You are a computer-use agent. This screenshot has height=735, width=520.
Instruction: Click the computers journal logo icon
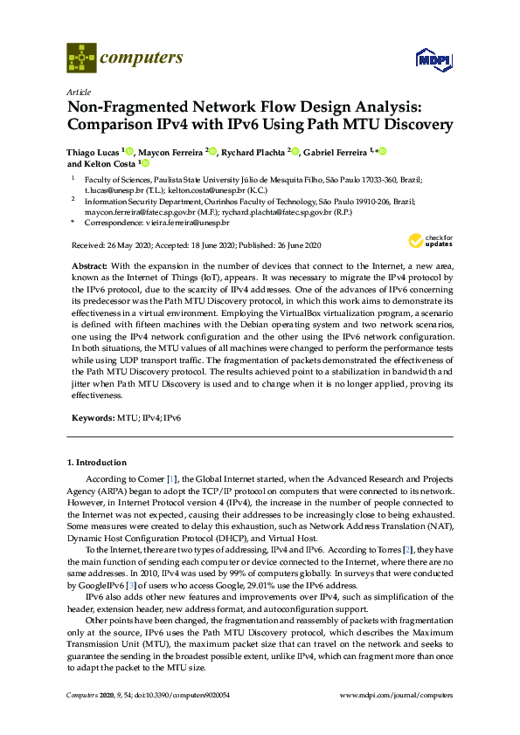81,58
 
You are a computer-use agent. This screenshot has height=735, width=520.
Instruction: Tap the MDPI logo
433,59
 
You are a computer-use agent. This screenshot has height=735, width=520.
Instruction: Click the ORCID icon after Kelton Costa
145,163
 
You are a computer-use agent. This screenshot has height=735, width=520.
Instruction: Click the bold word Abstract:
88,264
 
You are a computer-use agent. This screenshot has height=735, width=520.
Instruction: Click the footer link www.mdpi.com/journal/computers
395,694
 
